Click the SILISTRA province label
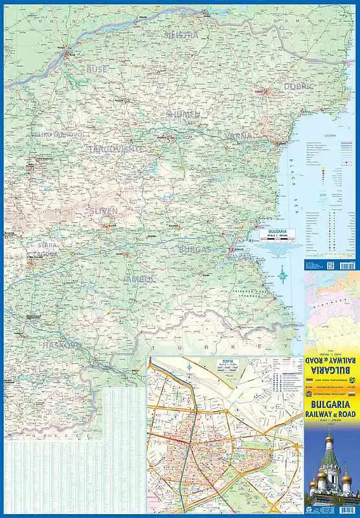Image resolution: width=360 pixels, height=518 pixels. tap(181, 35)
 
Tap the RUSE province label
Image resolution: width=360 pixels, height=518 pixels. tap(96, 69)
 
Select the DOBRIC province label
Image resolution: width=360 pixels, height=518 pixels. tap(298, 85)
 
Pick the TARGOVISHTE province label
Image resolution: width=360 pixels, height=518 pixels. tap(117, 149)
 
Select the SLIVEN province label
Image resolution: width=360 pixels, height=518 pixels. tap(104, 211)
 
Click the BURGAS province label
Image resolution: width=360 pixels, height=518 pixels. tap(195, 249)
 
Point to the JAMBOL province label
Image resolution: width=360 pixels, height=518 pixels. tap(138, 279)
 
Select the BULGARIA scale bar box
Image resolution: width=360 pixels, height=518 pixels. tap(277, 234)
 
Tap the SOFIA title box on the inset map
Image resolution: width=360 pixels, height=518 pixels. tap(227, 364)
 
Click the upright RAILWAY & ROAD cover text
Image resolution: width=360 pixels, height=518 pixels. tap(331, 410)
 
